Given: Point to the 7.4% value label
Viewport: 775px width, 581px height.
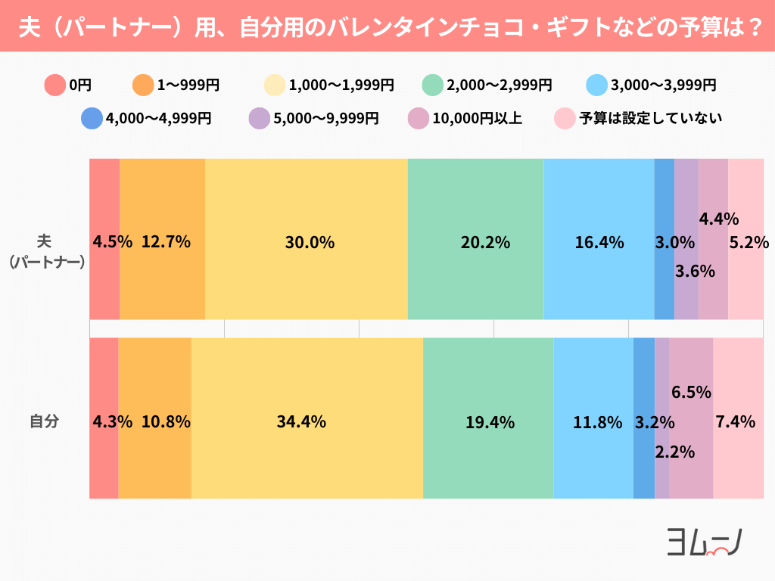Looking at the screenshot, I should (x=735, y=422).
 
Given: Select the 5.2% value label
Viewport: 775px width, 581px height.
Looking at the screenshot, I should (x=749, y=243).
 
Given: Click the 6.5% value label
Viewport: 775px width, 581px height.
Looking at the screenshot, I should (x=691, y=392).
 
